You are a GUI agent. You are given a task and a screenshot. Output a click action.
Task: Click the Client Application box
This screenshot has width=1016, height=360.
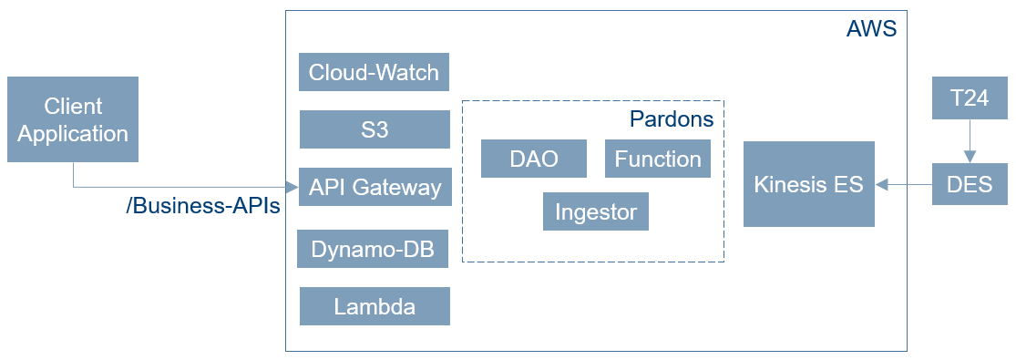click(73, 119)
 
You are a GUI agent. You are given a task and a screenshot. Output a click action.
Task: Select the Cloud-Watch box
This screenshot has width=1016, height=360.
click(374, 72)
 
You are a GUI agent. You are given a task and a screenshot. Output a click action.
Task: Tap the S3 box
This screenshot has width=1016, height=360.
click(375, 129)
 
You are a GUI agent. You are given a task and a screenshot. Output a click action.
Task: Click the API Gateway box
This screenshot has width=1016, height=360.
click(375, 187)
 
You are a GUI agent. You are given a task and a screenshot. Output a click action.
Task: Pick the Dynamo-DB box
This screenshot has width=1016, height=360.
click(373, 249)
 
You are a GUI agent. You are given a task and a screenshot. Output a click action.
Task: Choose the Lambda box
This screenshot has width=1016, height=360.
click(375, 306)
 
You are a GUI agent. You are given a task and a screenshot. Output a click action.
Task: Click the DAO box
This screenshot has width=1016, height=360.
click(534, 159)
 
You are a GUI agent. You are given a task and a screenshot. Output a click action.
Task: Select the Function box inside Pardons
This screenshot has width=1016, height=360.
click(658, 159)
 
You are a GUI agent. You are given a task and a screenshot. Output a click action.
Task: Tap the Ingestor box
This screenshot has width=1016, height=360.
click(595, 211)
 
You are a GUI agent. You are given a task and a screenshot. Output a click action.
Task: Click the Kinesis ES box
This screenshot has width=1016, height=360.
click(808, 184)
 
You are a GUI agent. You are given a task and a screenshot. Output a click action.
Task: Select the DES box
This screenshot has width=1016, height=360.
click(970, 184)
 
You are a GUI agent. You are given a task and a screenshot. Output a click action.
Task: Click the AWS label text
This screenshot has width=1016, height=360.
click(871, 29)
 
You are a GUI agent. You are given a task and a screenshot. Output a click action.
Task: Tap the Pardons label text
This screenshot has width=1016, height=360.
click(672, 119)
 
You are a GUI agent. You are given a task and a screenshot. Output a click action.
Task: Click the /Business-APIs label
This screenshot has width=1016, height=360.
click(203, 206)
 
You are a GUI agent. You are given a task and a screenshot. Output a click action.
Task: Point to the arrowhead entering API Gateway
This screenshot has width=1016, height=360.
click(292, 188)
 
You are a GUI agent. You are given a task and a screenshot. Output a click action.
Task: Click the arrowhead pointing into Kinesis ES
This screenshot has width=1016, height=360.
click(881, 185)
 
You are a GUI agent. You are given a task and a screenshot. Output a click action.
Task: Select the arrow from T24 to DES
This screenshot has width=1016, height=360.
click(970, 141)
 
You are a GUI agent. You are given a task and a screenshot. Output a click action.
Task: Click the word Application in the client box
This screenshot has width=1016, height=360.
click(73, 134)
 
